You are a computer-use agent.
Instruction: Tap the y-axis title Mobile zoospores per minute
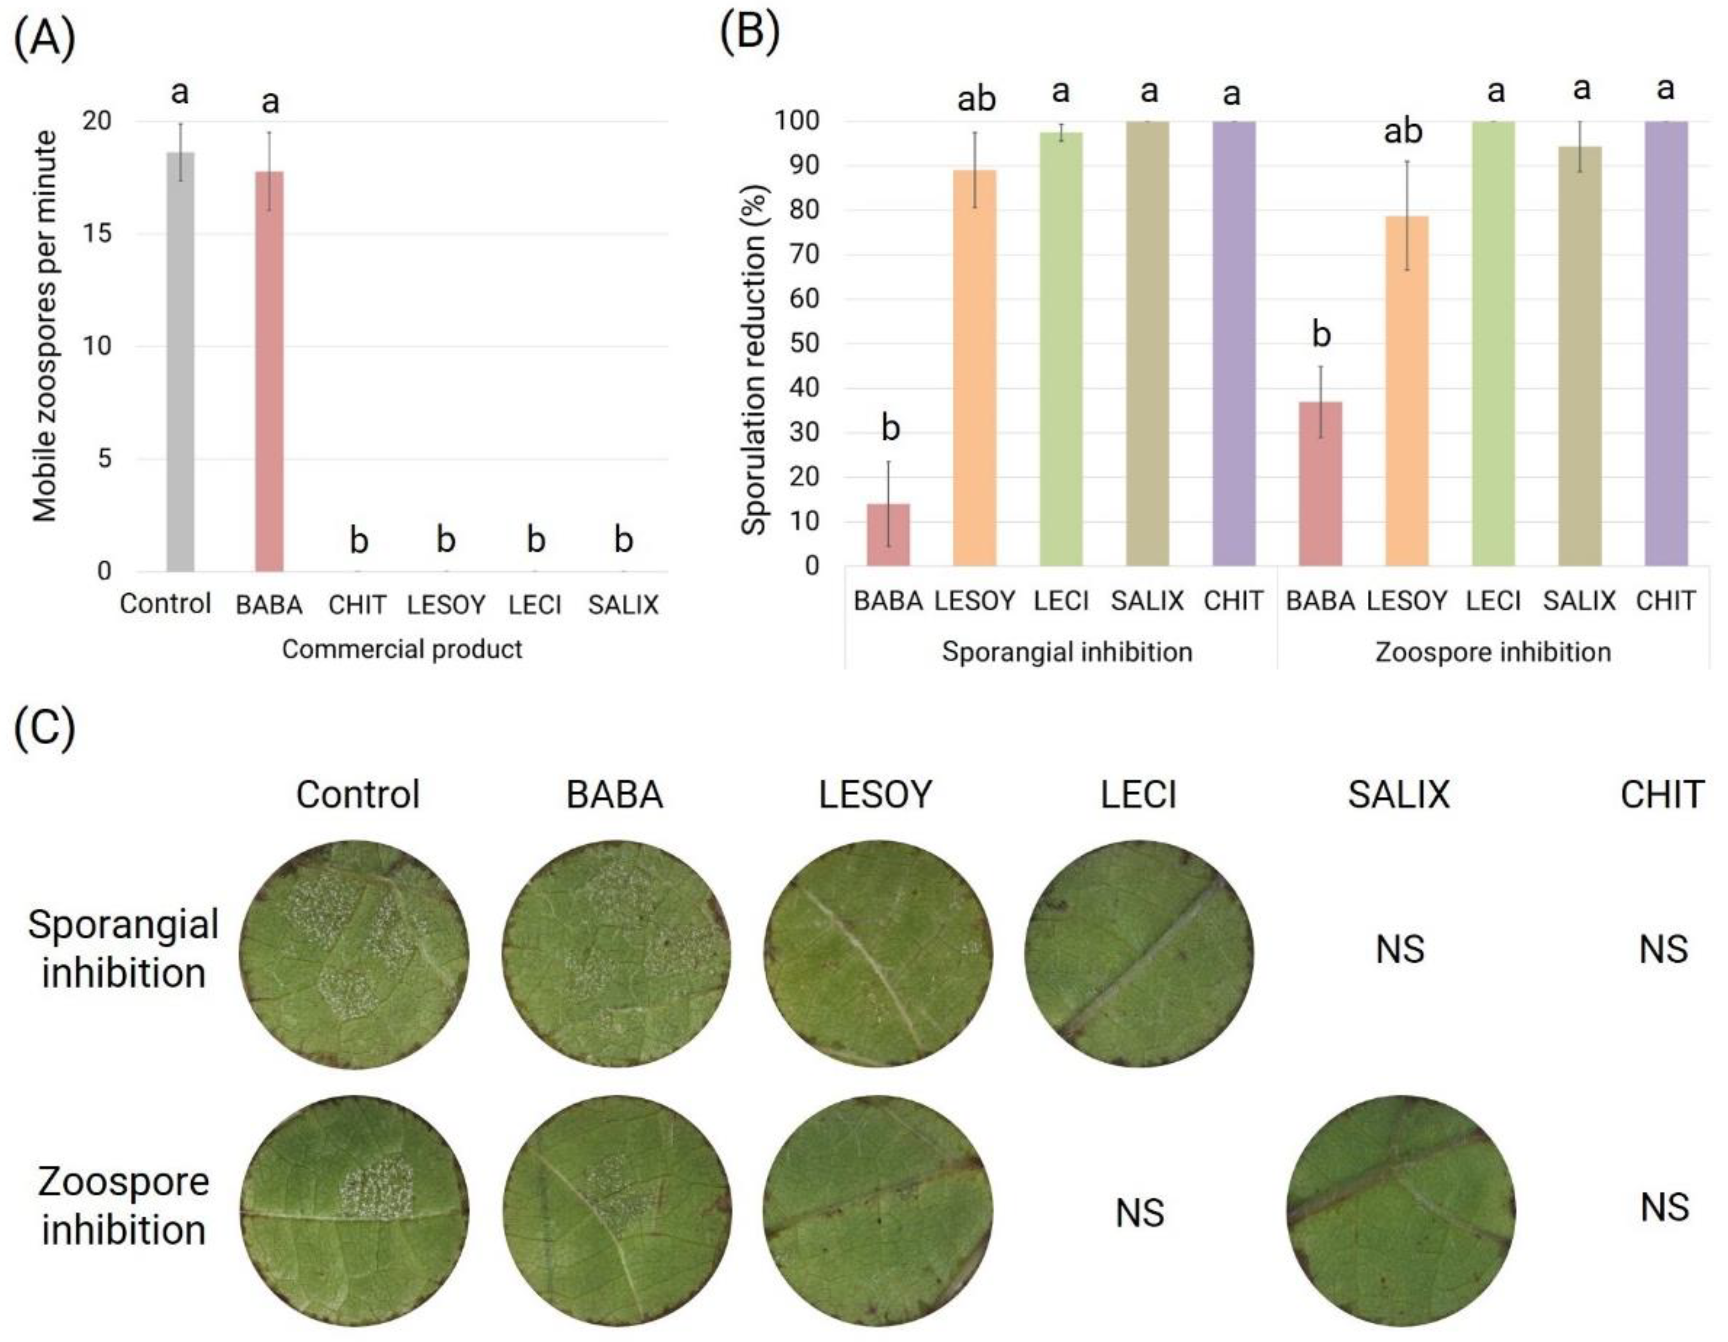tap(45, 326)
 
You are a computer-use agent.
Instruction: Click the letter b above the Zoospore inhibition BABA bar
tap(1321, 334)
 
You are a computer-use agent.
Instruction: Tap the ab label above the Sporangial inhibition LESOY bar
tap(976, 100)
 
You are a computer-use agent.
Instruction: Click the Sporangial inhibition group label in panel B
tap(1067, 652)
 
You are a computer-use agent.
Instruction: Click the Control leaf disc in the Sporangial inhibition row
tap(354, 955)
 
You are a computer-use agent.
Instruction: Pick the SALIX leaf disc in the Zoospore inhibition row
tap(1400, 1211)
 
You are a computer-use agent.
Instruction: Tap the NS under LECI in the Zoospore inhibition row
tap(1139, 1213)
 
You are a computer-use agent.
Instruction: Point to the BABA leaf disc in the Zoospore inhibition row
tap(616, 1211)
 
